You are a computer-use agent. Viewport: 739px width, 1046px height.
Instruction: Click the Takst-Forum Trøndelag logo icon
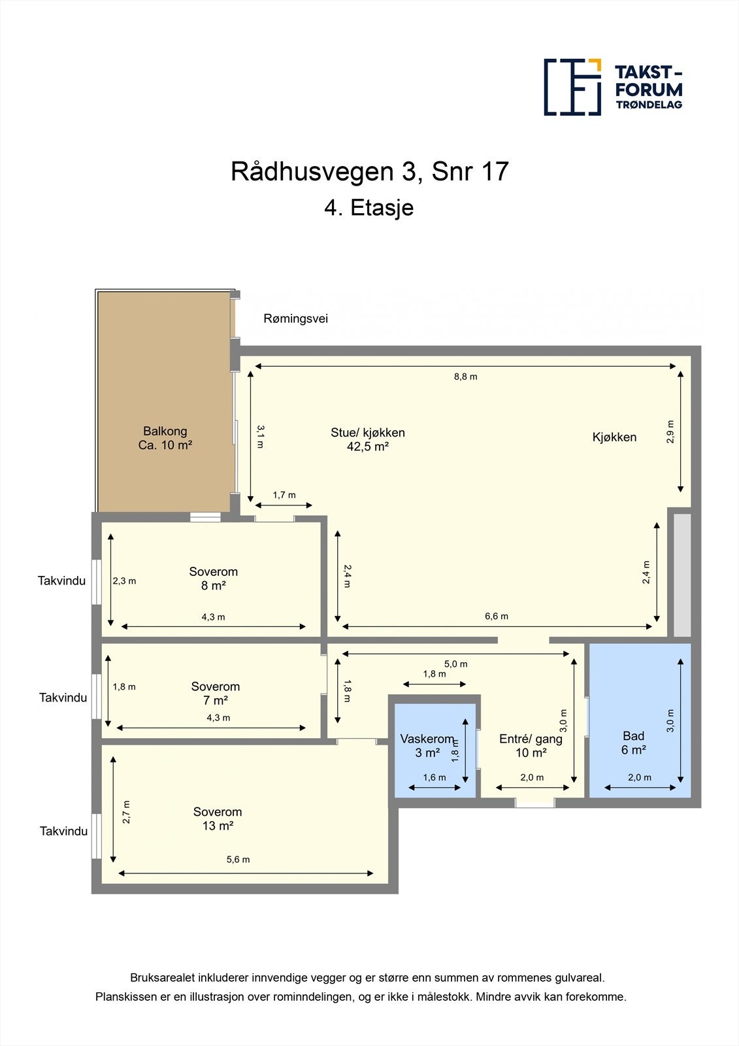[572, 87]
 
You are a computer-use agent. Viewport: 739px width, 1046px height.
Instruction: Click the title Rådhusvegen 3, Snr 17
[369, 172]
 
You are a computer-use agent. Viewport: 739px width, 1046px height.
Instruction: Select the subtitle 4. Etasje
[369, 208]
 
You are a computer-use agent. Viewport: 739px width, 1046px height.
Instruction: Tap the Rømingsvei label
[295, 319]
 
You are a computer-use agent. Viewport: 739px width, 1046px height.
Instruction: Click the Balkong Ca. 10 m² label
[165, 438]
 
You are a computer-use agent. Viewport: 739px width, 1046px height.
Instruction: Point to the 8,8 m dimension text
[465, 377]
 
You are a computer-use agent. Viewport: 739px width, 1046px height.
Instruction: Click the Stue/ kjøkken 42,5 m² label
[368, 439]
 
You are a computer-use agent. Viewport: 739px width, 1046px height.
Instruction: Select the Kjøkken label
[614, 437]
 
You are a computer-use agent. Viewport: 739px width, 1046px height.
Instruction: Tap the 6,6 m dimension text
[497, 616]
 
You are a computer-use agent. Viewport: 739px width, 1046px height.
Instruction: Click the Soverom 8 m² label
[214, 579]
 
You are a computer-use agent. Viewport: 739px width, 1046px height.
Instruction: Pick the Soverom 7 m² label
[216, 693]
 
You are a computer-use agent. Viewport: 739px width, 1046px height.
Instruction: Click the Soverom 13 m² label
[218, 818]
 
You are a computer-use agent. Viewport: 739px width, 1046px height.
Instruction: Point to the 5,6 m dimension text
[238, 860]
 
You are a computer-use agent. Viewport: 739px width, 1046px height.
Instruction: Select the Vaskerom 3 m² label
[427, 746]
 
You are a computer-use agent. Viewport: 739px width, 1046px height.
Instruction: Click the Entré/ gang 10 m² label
[531, 746]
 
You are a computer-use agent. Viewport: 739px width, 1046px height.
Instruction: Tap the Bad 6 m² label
[633, 743]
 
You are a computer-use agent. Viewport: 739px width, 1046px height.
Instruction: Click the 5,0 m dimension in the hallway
[456, 664]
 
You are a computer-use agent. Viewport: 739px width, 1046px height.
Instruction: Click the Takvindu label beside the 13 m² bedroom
[63, 832]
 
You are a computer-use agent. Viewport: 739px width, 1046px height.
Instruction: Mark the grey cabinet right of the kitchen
[682, 575]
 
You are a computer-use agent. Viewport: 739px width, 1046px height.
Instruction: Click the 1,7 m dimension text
[284, 495]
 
